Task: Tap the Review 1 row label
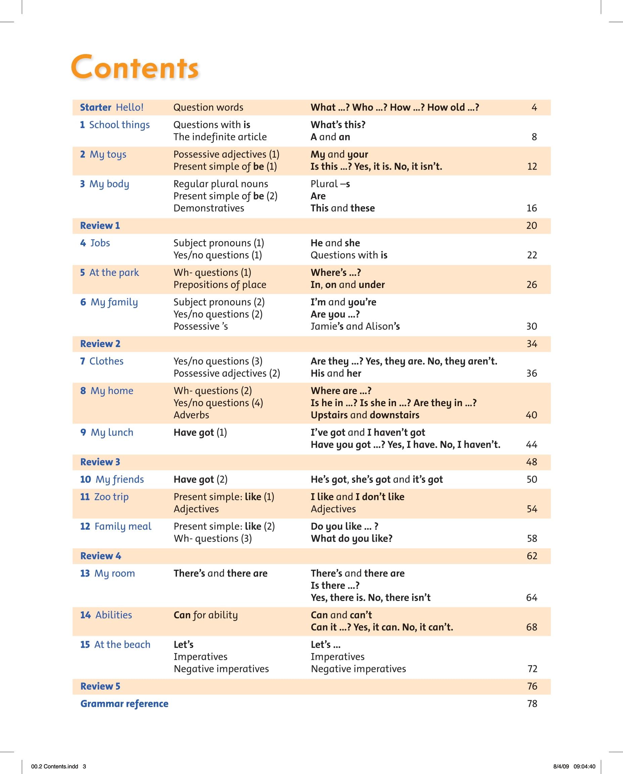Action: point(100,225)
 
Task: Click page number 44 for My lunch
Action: point(532,444)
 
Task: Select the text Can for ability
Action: point(206,615)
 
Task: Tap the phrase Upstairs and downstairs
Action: point(365,415)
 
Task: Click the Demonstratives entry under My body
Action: point(209,208)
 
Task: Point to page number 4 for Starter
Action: point(534,107)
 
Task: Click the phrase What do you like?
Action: point(352,539)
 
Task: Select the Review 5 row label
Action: point(100,686)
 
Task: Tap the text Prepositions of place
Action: point(220,285)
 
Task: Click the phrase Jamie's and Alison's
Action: point(355,326)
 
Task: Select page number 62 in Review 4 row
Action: point(532,556)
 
